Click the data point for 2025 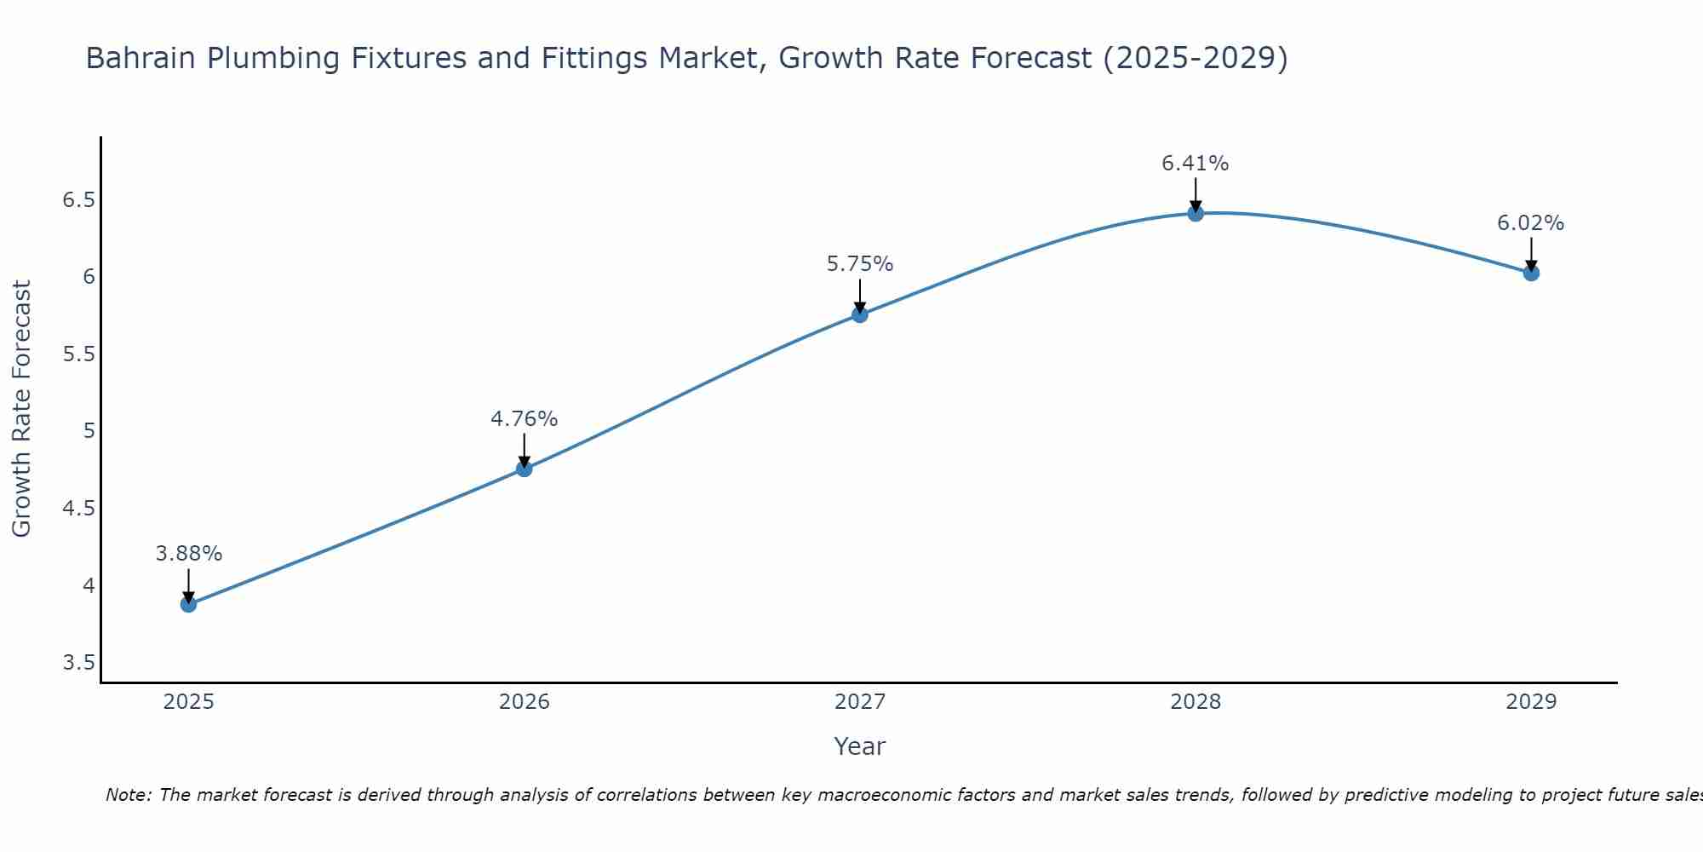188,605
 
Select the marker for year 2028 1196,213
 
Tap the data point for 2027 860,314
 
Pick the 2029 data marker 1531,273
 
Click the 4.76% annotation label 524,419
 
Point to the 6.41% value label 1195,164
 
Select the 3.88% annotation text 188,554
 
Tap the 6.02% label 1530,223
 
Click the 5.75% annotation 859,264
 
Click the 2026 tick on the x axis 524,702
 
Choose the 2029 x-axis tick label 1531,702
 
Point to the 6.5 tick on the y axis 78,200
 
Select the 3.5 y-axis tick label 78,663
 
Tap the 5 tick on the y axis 89,431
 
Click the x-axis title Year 859,746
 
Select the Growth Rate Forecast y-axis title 21,409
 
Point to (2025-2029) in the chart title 1195,59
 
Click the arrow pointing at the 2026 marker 524,450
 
